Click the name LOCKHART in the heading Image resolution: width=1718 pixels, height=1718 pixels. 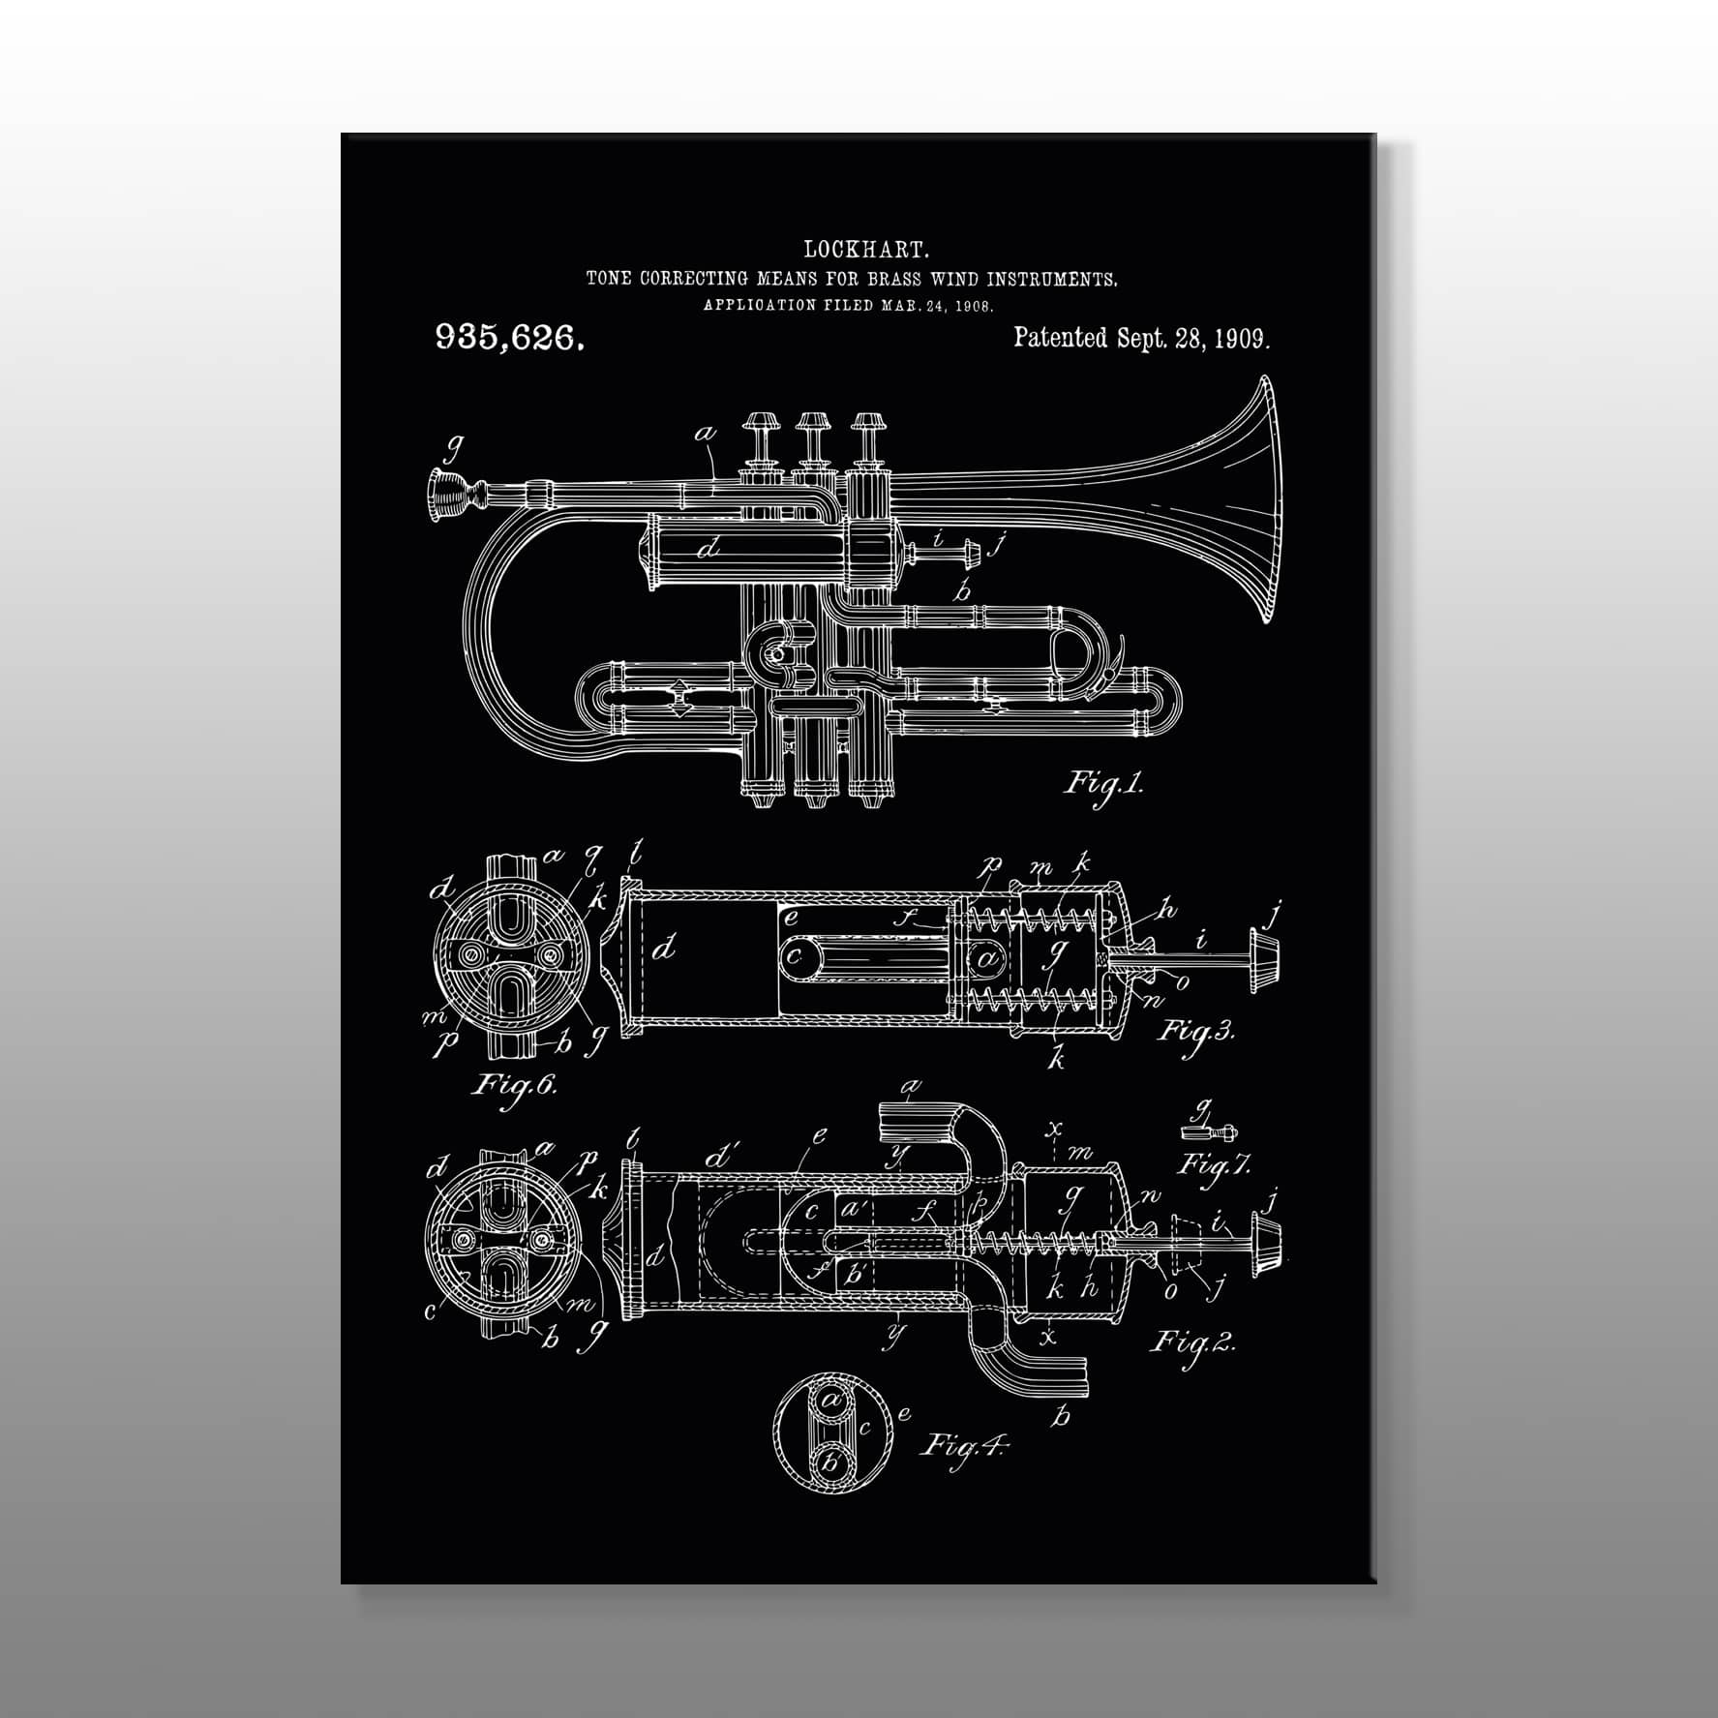[866, 251]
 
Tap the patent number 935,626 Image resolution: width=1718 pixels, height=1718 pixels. [509, 338]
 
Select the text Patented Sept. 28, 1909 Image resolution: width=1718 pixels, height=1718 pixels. [1141, 338]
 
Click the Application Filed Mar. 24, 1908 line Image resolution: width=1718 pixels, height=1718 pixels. [849, 305]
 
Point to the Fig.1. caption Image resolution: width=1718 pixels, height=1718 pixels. [1104, 782]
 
